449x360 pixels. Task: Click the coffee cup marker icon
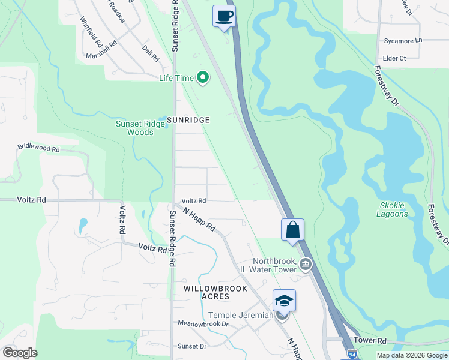click(x=224, y=16)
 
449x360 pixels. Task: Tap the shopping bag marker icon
click(x=292, y=230)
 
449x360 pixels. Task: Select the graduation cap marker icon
click(x=284, y=301)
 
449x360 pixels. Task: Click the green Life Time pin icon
click(x=203, y=77)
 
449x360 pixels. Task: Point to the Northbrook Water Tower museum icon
click(x=306, y=264)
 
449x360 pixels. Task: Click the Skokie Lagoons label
click(x=392, y=209)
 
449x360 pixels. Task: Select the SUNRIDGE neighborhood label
click(x=188, y=120)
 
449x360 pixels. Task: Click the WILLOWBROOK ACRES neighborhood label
click(x=207, y=292)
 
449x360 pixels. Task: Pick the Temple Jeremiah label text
click(x=241, y=315)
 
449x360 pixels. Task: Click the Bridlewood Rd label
click(x=39, y=147)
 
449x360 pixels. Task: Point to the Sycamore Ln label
click(x=403, y=41)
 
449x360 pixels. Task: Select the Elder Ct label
click(x=394, y=58)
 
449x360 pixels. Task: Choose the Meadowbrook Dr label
click(x=203, y=323)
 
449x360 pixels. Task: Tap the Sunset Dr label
click(x=191, y=346)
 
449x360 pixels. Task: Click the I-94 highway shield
click(x=351, y=356)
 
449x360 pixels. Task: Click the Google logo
click(x=20, y=353)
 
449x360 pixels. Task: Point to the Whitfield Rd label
click(x=91, y=28)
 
